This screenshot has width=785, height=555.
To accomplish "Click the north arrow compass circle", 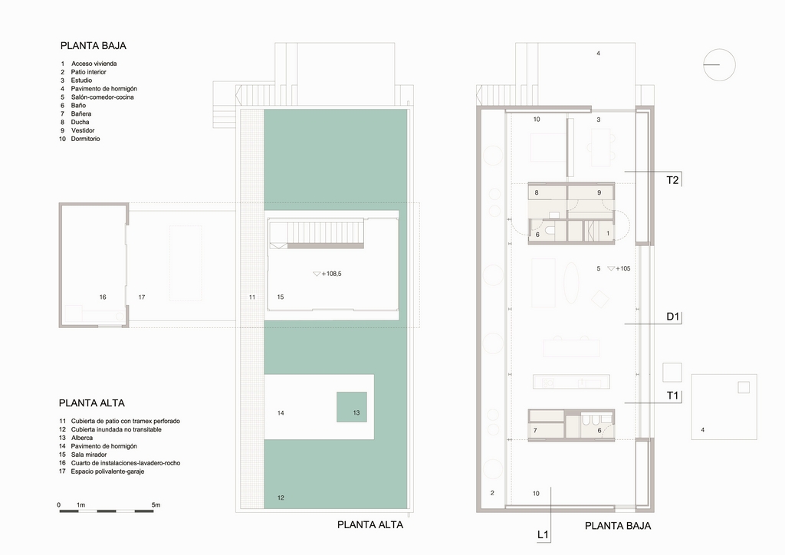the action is [719, 49].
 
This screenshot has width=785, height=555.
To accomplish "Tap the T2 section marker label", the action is [672, 180].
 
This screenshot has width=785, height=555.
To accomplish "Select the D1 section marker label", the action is [672, 317].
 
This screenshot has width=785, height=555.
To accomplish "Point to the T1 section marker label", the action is [672, 396].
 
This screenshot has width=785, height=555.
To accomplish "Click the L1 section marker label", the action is [544, 534].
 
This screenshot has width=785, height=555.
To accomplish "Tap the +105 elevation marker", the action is [619, 269].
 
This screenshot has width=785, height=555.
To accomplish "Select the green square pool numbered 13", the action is [351, 407].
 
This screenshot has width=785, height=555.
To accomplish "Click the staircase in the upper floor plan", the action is [316, 234].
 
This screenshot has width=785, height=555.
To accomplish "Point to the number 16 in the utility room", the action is [103, 297].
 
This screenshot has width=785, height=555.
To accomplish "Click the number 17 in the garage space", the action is [142, 297].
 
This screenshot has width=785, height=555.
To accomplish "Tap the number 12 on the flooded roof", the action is [281, 498].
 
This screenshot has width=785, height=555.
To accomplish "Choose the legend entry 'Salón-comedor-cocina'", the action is [102, 97].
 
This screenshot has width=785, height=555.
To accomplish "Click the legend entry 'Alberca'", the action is [81, 438].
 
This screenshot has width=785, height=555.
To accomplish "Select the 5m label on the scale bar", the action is [156, 505].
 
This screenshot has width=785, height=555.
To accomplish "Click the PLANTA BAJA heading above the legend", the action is [93, 45].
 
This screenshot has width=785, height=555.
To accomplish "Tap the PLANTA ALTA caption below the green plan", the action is [370, 525].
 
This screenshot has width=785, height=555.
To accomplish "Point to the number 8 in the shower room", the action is [537, 192].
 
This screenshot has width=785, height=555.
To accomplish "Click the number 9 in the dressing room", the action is [599, 192].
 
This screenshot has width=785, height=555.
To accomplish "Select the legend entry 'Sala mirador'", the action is [89, 455].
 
